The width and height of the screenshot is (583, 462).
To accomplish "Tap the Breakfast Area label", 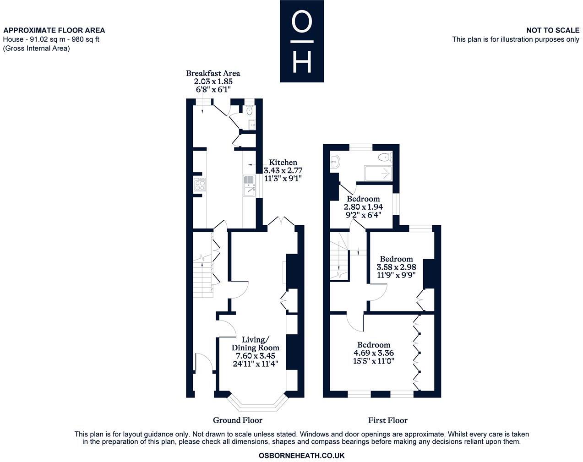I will (213, 73).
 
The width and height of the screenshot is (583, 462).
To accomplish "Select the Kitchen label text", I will (283, 163).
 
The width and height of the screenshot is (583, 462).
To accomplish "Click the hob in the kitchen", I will (200, 185).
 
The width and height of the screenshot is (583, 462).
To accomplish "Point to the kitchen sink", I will (249, 185).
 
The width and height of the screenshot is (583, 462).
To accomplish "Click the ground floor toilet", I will (249, 110).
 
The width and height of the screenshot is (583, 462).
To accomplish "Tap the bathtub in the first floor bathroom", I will (378, 173).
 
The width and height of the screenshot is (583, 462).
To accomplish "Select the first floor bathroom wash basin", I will (335, 161).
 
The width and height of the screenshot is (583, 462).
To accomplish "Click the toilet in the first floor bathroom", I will (384, 158).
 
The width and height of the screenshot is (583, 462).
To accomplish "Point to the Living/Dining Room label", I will (255, 343).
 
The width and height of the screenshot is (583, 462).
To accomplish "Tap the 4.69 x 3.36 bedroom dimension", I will (374, 353).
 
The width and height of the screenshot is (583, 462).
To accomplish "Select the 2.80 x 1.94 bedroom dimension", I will (363, 207).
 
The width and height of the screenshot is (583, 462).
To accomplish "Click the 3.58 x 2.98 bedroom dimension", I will (396, 267).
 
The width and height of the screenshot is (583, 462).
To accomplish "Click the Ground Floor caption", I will (237, 420).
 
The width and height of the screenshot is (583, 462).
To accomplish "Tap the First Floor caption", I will (387, 420).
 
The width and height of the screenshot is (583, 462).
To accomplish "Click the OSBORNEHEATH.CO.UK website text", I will (301, 456).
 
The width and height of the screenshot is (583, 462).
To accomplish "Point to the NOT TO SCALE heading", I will (553, 30).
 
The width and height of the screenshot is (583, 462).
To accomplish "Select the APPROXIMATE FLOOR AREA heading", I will (54, 30).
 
